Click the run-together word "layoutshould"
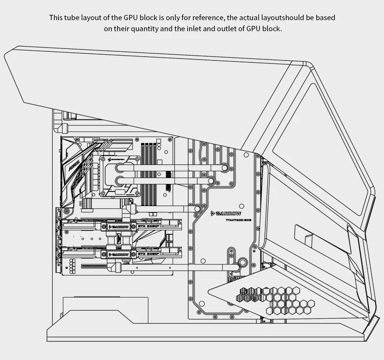[x=279, y=18]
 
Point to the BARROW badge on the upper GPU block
[x=119, y=226]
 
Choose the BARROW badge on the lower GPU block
[x=119, y=254]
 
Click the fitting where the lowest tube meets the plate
[x=242, y=263]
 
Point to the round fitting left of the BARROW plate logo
[x=198, y=208]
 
